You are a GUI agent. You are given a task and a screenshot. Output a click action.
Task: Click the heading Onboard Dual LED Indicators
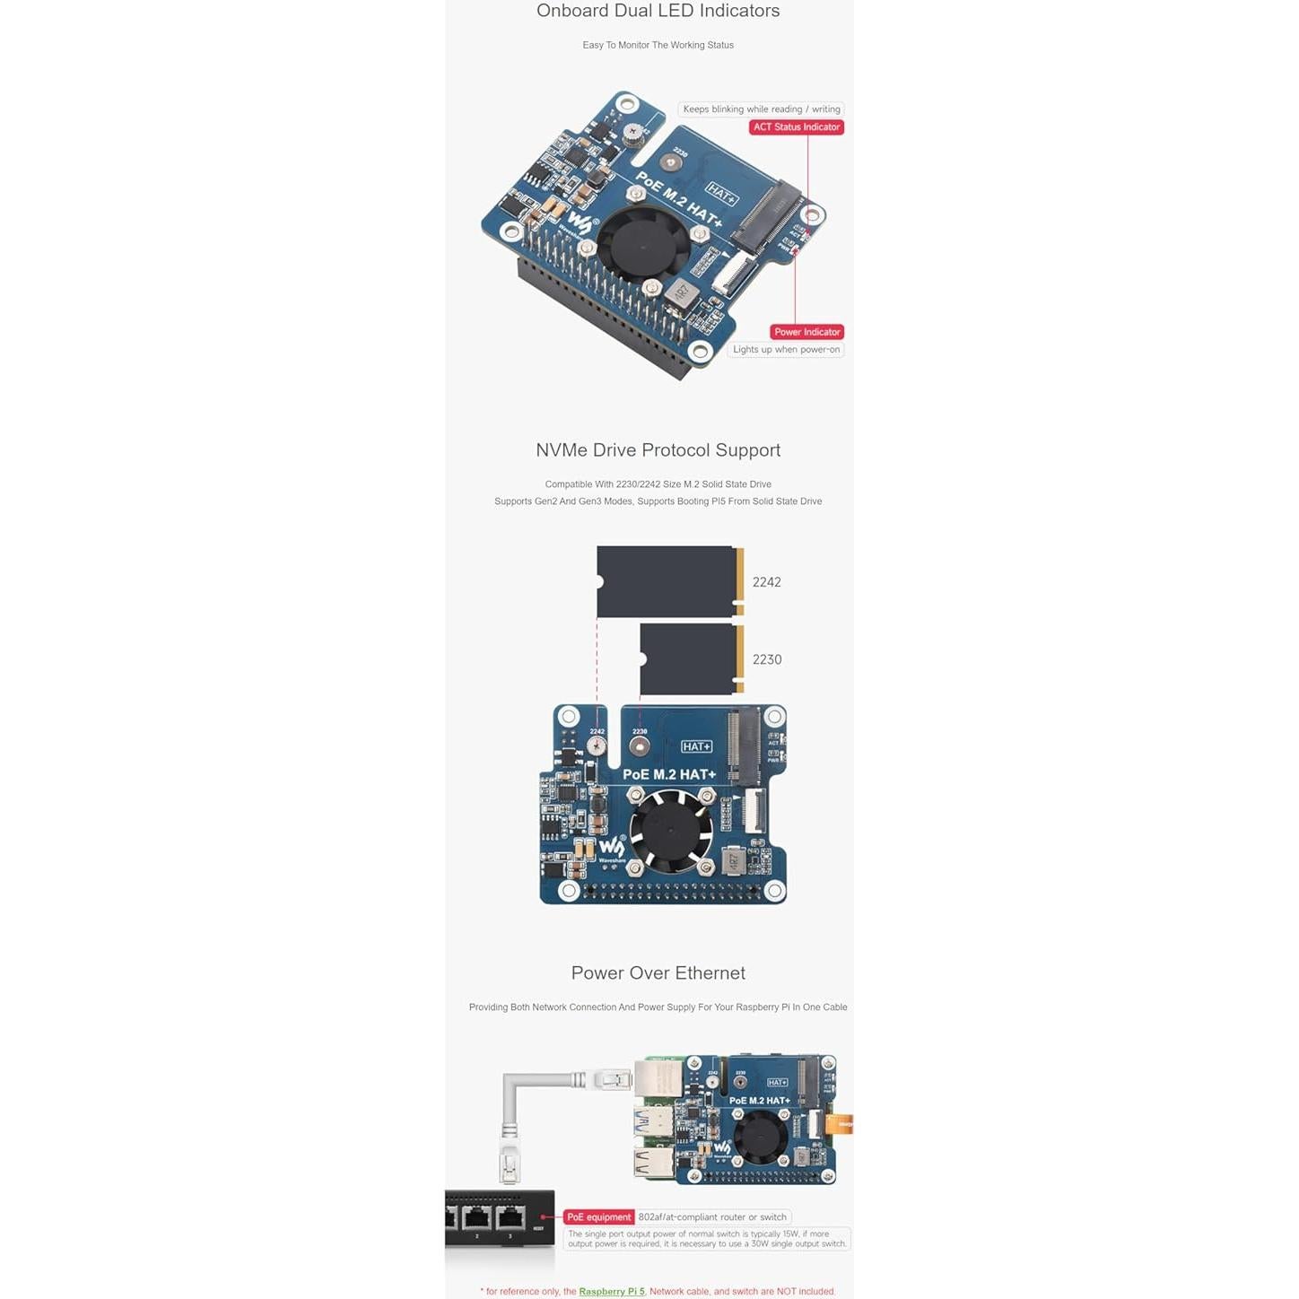(658, 11)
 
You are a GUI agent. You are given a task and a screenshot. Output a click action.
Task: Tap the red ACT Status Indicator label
(796, 127)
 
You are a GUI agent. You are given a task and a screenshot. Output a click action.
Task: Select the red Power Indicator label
(806, 332)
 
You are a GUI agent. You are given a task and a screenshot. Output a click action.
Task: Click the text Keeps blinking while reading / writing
(761, 109)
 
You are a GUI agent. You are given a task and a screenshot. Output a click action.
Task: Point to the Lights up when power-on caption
(786, 350)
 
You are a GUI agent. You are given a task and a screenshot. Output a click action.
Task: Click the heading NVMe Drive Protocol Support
(658, 450)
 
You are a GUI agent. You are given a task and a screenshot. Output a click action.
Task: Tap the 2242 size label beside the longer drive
(766, 582)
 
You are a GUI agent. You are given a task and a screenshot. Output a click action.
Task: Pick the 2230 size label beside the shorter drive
(766, 659)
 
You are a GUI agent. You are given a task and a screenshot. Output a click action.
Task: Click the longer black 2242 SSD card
(667, 581)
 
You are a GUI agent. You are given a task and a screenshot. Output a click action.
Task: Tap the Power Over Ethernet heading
(658, 973)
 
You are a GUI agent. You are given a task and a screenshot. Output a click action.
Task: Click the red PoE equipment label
(598, 1217)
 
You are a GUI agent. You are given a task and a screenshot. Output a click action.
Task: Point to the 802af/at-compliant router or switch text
(712, 1217)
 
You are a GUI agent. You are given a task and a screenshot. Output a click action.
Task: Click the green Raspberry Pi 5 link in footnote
(612, 1292)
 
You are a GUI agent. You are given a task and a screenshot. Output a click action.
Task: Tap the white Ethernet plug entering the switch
(510, 1164)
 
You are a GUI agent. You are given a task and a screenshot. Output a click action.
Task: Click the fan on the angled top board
(643, 241)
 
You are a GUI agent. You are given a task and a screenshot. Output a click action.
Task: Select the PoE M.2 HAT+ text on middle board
(669, 774)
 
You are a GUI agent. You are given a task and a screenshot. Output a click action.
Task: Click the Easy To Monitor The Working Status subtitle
(658, 45)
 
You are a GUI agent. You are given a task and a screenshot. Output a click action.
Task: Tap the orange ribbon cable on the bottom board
(841, 1123)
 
